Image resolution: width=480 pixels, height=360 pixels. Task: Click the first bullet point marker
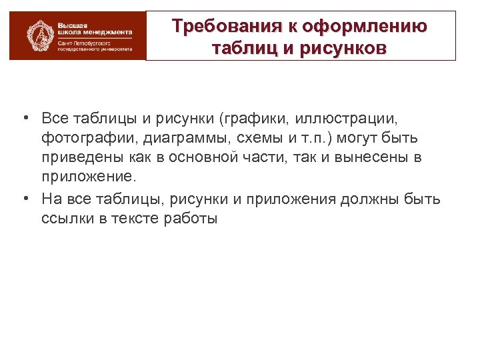pos(23,119)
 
